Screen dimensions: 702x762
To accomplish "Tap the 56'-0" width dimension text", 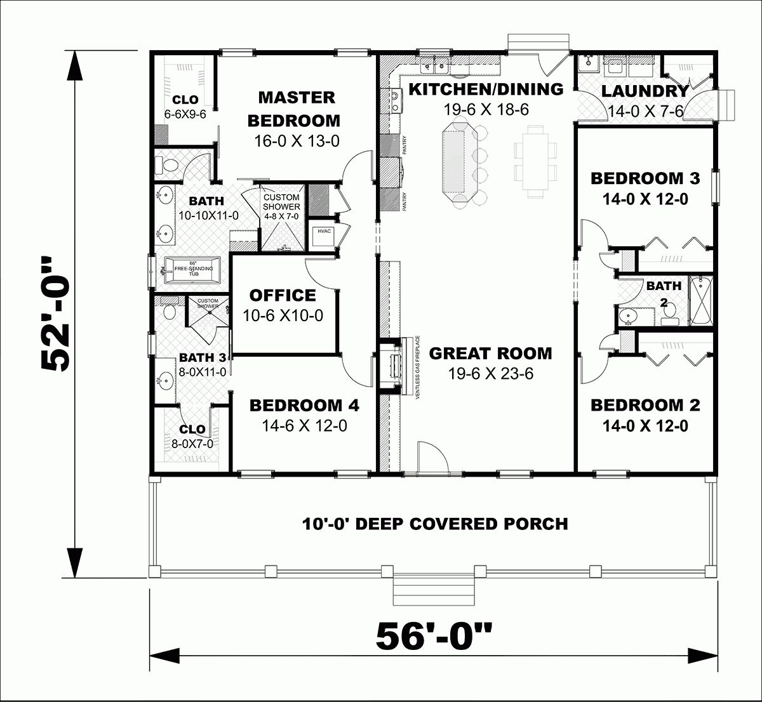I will [434, 637].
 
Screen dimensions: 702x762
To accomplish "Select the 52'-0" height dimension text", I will [56, 314].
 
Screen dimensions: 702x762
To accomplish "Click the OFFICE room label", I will [282, 295].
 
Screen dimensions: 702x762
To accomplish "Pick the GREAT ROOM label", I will [490, 353].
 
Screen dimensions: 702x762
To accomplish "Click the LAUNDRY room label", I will [645, 91].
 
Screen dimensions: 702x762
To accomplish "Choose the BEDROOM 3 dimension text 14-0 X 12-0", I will [645, 199].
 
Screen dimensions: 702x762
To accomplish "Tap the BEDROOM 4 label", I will [304, 405].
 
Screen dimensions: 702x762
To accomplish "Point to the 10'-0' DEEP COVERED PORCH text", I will [434, 524].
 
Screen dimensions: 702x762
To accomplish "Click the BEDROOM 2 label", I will [645, 405].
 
